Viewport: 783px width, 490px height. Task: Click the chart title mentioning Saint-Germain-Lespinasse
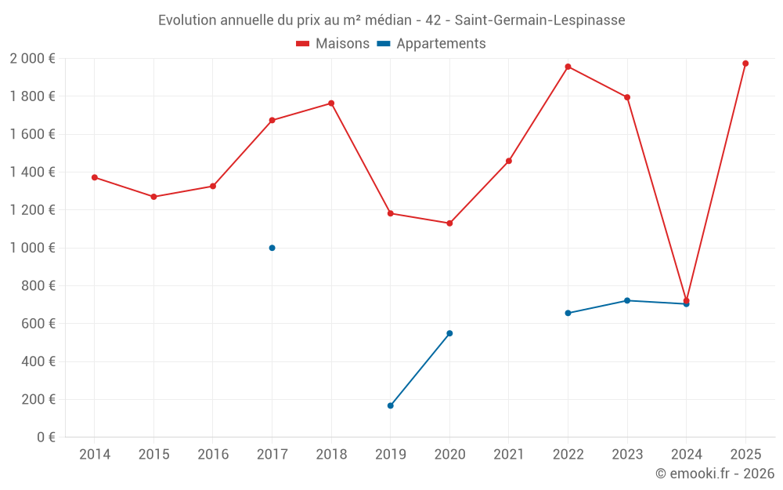coord(391,20)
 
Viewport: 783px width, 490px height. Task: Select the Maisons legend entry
coord(333,44)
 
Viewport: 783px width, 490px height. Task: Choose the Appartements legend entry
coord(431,44)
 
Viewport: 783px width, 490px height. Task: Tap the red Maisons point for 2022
coord(568,67)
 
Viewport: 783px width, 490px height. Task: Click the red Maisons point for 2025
coord(745,64)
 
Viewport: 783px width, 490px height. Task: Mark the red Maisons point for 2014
coord(95,177)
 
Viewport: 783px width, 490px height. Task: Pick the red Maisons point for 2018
coord(331,103)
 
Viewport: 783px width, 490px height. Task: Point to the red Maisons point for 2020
coord(449,223)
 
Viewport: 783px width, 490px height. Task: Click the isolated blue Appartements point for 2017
coord(272,248)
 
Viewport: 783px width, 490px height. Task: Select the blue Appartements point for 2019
coord(390,405)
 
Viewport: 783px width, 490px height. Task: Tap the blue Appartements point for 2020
coord(449,333)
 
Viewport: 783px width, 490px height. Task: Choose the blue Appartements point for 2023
coord(627,300)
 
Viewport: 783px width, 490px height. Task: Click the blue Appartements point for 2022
coord(568,313)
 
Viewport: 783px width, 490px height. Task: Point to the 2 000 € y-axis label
coord(32,59)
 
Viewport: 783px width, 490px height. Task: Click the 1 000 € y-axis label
coord(32,248)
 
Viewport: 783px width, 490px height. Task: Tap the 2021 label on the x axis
coord(509,455)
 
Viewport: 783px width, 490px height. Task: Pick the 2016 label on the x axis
coord(213,455)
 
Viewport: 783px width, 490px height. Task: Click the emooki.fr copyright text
coord(714,474)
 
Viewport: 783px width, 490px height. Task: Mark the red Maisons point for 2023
coord(627,97)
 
